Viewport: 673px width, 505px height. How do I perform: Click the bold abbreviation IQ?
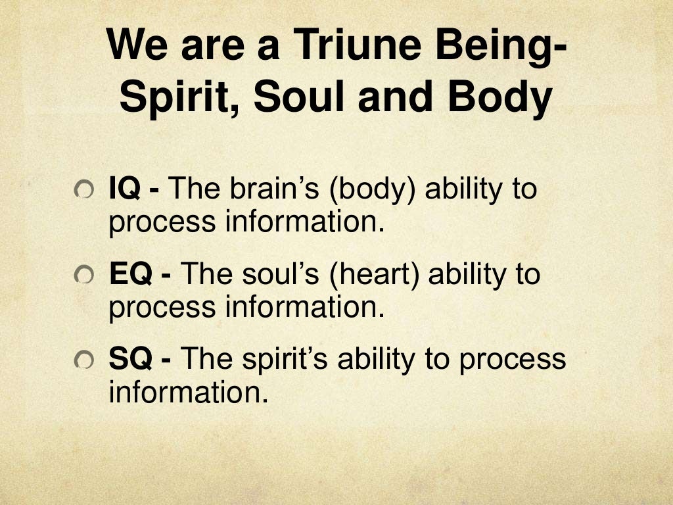point(126,190)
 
